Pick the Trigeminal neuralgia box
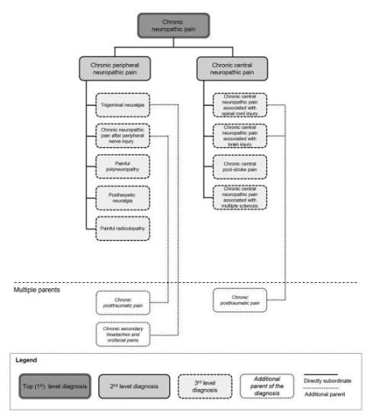(124, 105)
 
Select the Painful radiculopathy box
(124, 228)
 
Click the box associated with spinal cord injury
(240, 106)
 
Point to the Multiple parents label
(37, 290)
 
